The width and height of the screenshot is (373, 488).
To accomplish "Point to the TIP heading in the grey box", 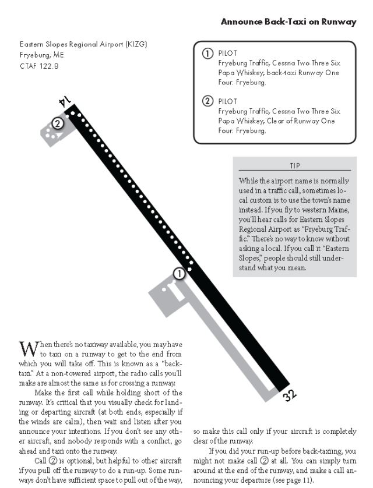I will (x=294, y=165).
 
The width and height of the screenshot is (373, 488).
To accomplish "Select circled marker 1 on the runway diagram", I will (x=181, y=273).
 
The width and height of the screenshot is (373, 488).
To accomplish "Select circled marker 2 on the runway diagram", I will (x=57, y=123).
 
